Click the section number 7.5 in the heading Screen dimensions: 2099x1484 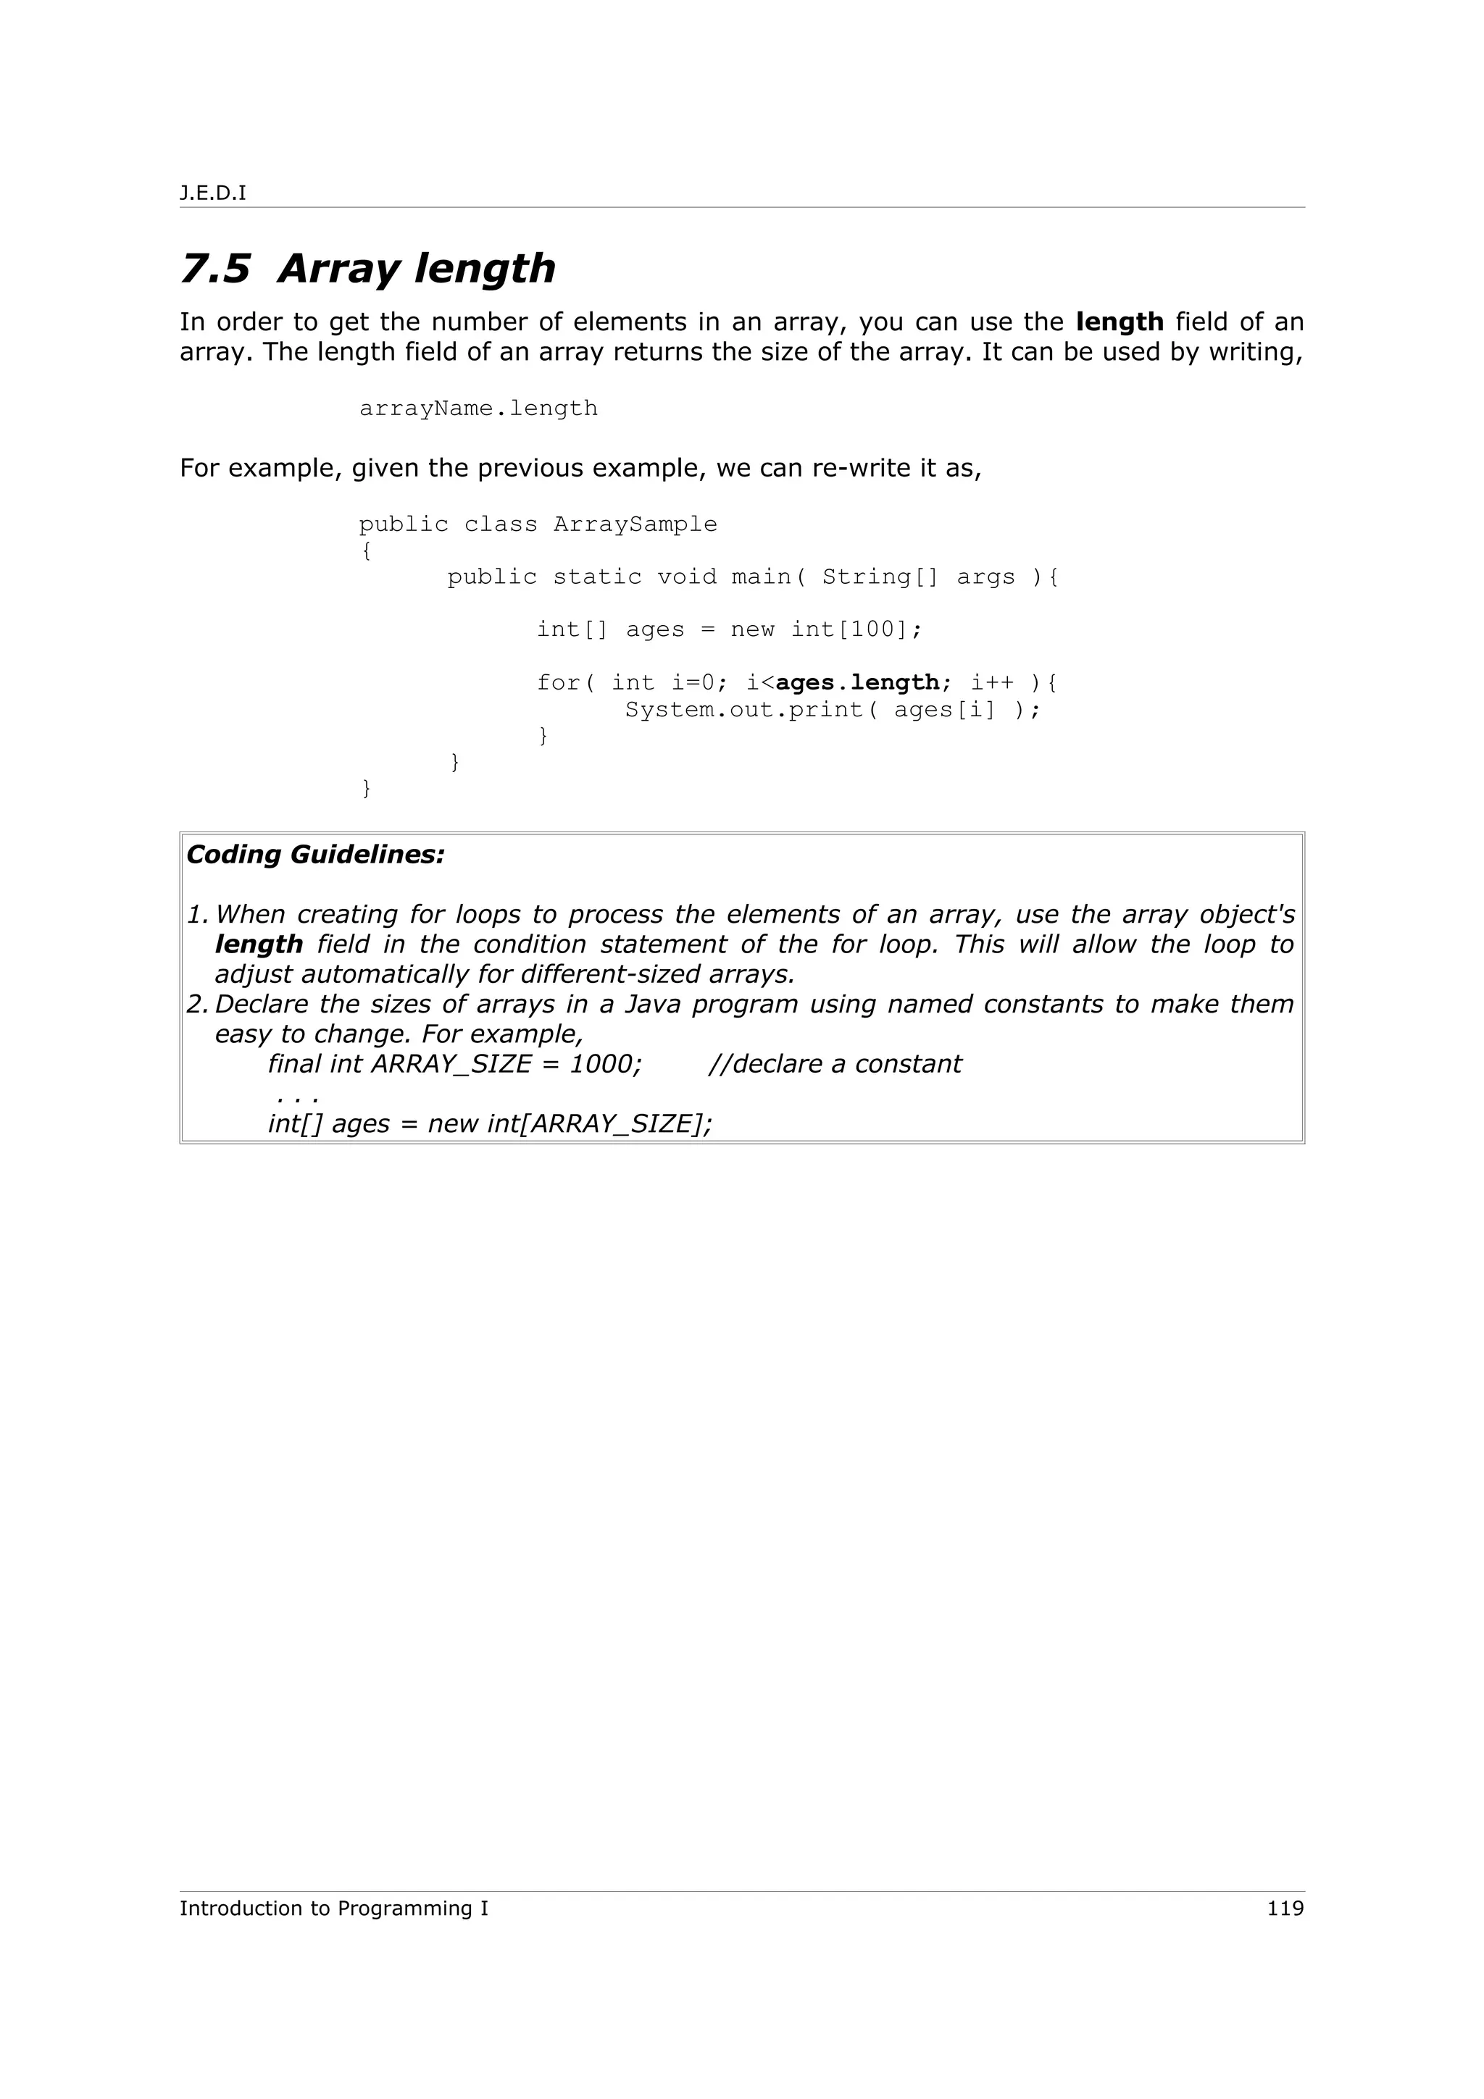pyautogui.click(x=215, y=269)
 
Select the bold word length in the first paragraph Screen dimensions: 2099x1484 pyautogui.click(x=1120, y=323)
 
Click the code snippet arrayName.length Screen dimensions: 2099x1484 pyautogui.click(x=478, y=409)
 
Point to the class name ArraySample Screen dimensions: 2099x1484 pyautogui.click(x=635, y=524)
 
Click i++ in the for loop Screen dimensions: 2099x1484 pyautogui.click(x=992, y=683)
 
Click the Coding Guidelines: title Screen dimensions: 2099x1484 pyautogui.click(x=315, y=855)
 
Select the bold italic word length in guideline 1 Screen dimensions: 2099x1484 pyautogui.click(x=259, y=945)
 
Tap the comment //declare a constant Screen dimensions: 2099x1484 pyautogui.click(x=834, y=1064)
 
